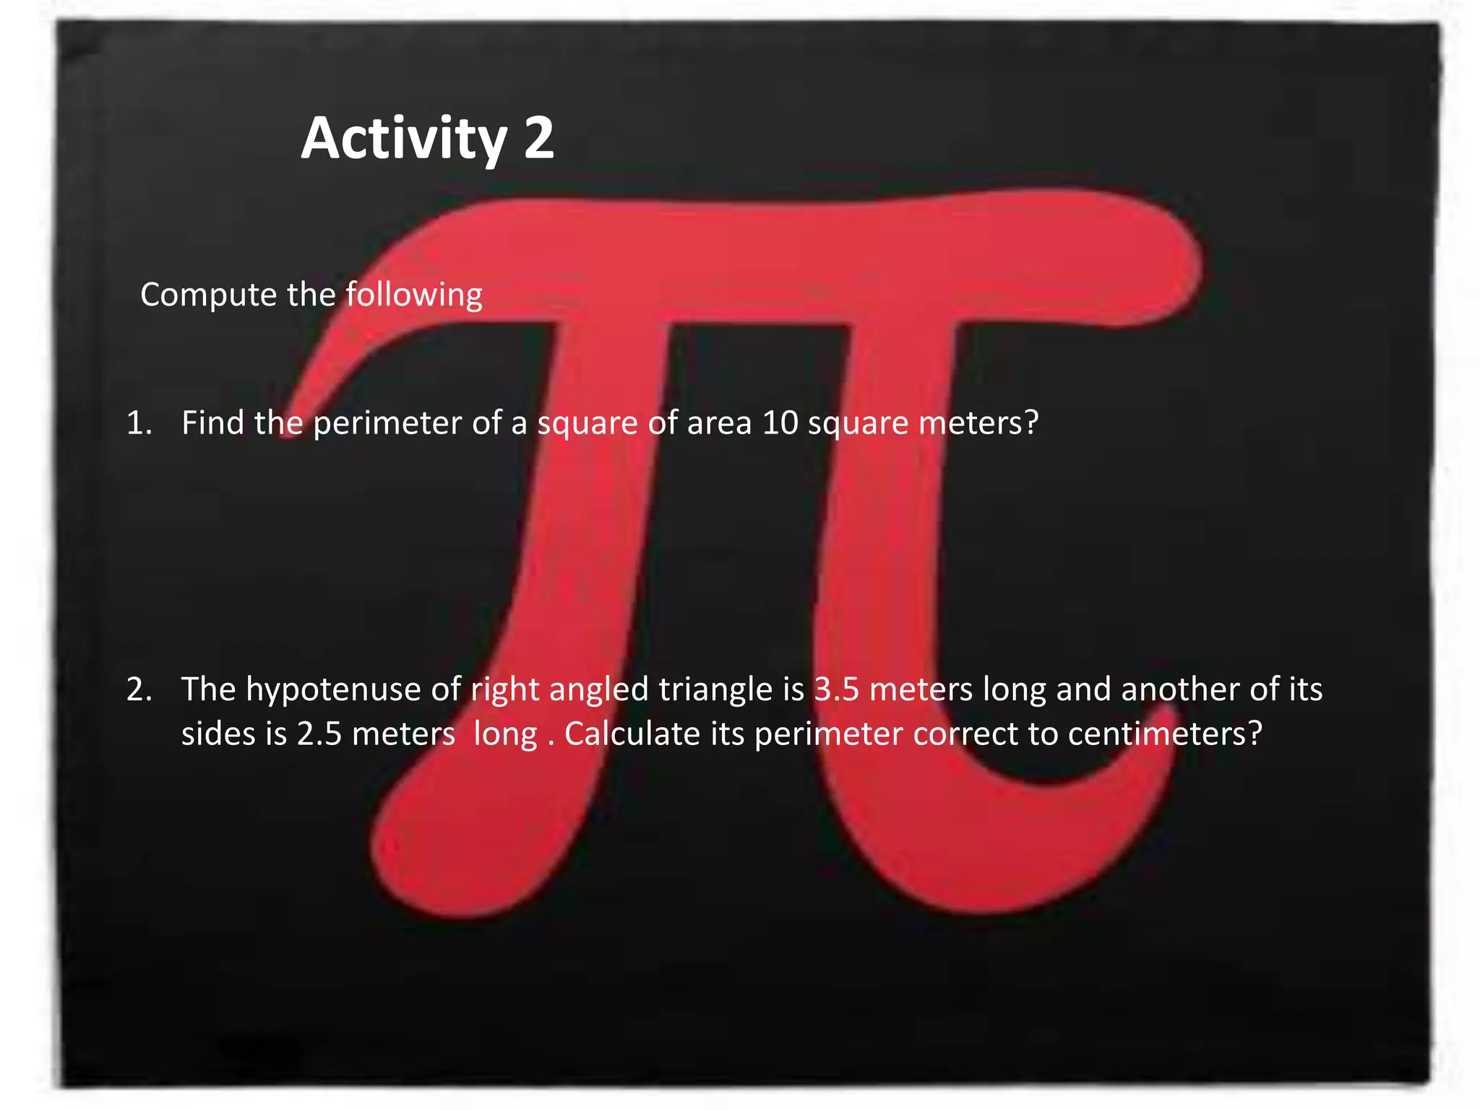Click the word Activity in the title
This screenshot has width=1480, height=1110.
click(404, 139)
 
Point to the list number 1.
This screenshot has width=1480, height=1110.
click(139, 423)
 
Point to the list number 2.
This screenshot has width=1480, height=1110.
click(139, 689)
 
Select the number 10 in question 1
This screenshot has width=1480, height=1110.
click(780, 423)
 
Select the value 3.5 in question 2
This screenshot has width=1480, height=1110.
click(836, 689)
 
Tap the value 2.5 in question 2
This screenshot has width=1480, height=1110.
click(319, 734)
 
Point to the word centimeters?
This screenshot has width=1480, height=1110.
click(1165, 734)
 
